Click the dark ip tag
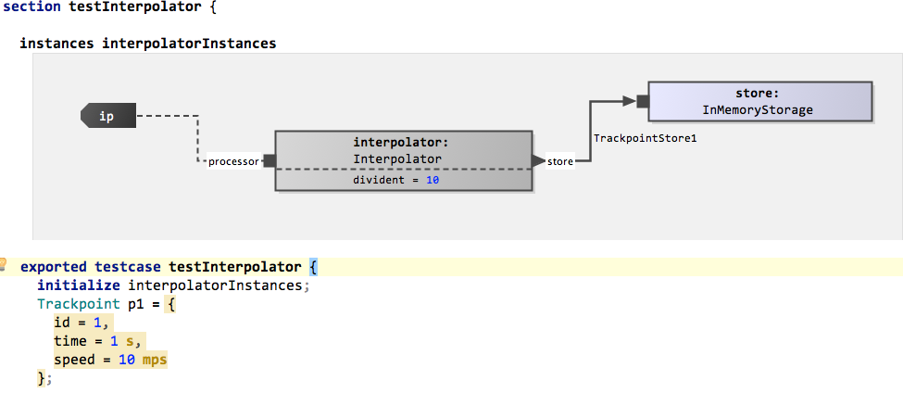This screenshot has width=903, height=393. coord(108,116)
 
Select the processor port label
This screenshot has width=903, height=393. coord(233,162)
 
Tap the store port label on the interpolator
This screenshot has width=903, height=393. coord(559,162)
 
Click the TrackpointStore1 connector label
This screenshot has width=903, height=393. coord(645,139)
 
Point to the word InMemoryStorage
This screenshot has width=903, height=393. coord(758,110)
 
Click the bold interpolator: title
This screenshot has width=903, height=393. coord(401,143)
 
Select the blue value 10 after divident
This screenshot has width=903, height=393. coord(433,181)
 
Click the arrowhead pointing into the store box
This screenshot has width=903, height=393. coord(629,101)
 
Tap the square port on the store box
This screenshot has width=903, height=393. coord(643,101)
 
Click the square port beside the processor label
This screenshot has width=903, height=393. coord(270,160)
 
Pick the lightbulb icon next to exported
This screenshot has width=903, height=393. coord(3,264)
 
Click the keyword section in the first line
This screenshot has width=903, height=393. coord(32,8)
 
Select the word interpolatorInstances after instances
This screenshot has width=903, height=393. coord(189,44)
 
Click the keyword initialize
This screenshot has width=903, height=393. coord(79,285)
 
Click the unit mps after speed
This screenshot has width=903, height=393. coord(155,361)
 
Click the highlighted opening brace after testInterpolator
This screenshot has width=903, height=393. coord(313,267)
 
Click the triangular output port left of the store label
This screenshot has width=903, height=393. coord(538,161)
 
